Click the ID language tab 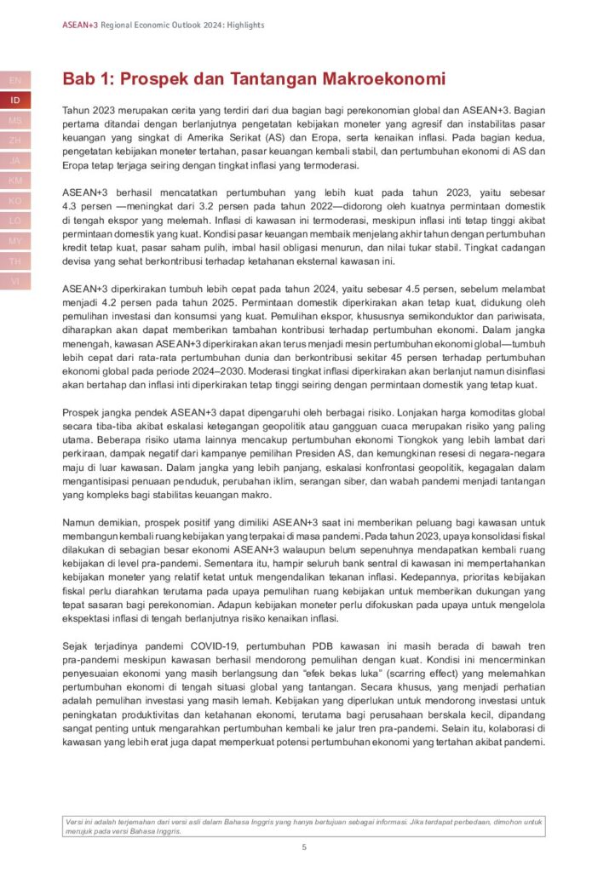coord(15,100)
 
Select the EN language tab coord(15,80)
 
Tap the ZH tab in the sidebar coord(15,141)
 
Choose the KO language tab coord(15,201)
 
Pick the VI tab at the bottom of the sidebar coord(15,281)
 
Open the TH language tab coord(15,261)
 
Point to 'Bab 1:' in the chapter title coord(88,79)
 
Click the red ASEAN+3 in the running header coord(80,26)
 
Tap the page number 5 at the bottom coord(304,847)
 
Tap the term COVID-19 coord(174,647)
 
